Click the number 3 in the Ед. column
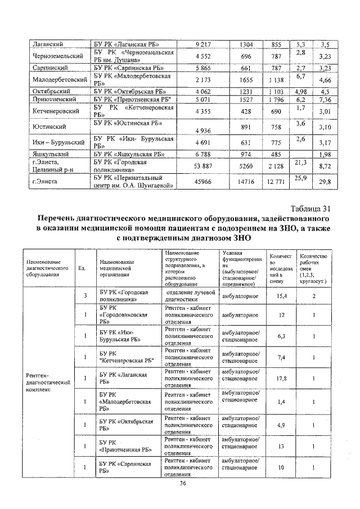coord(85,296)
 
